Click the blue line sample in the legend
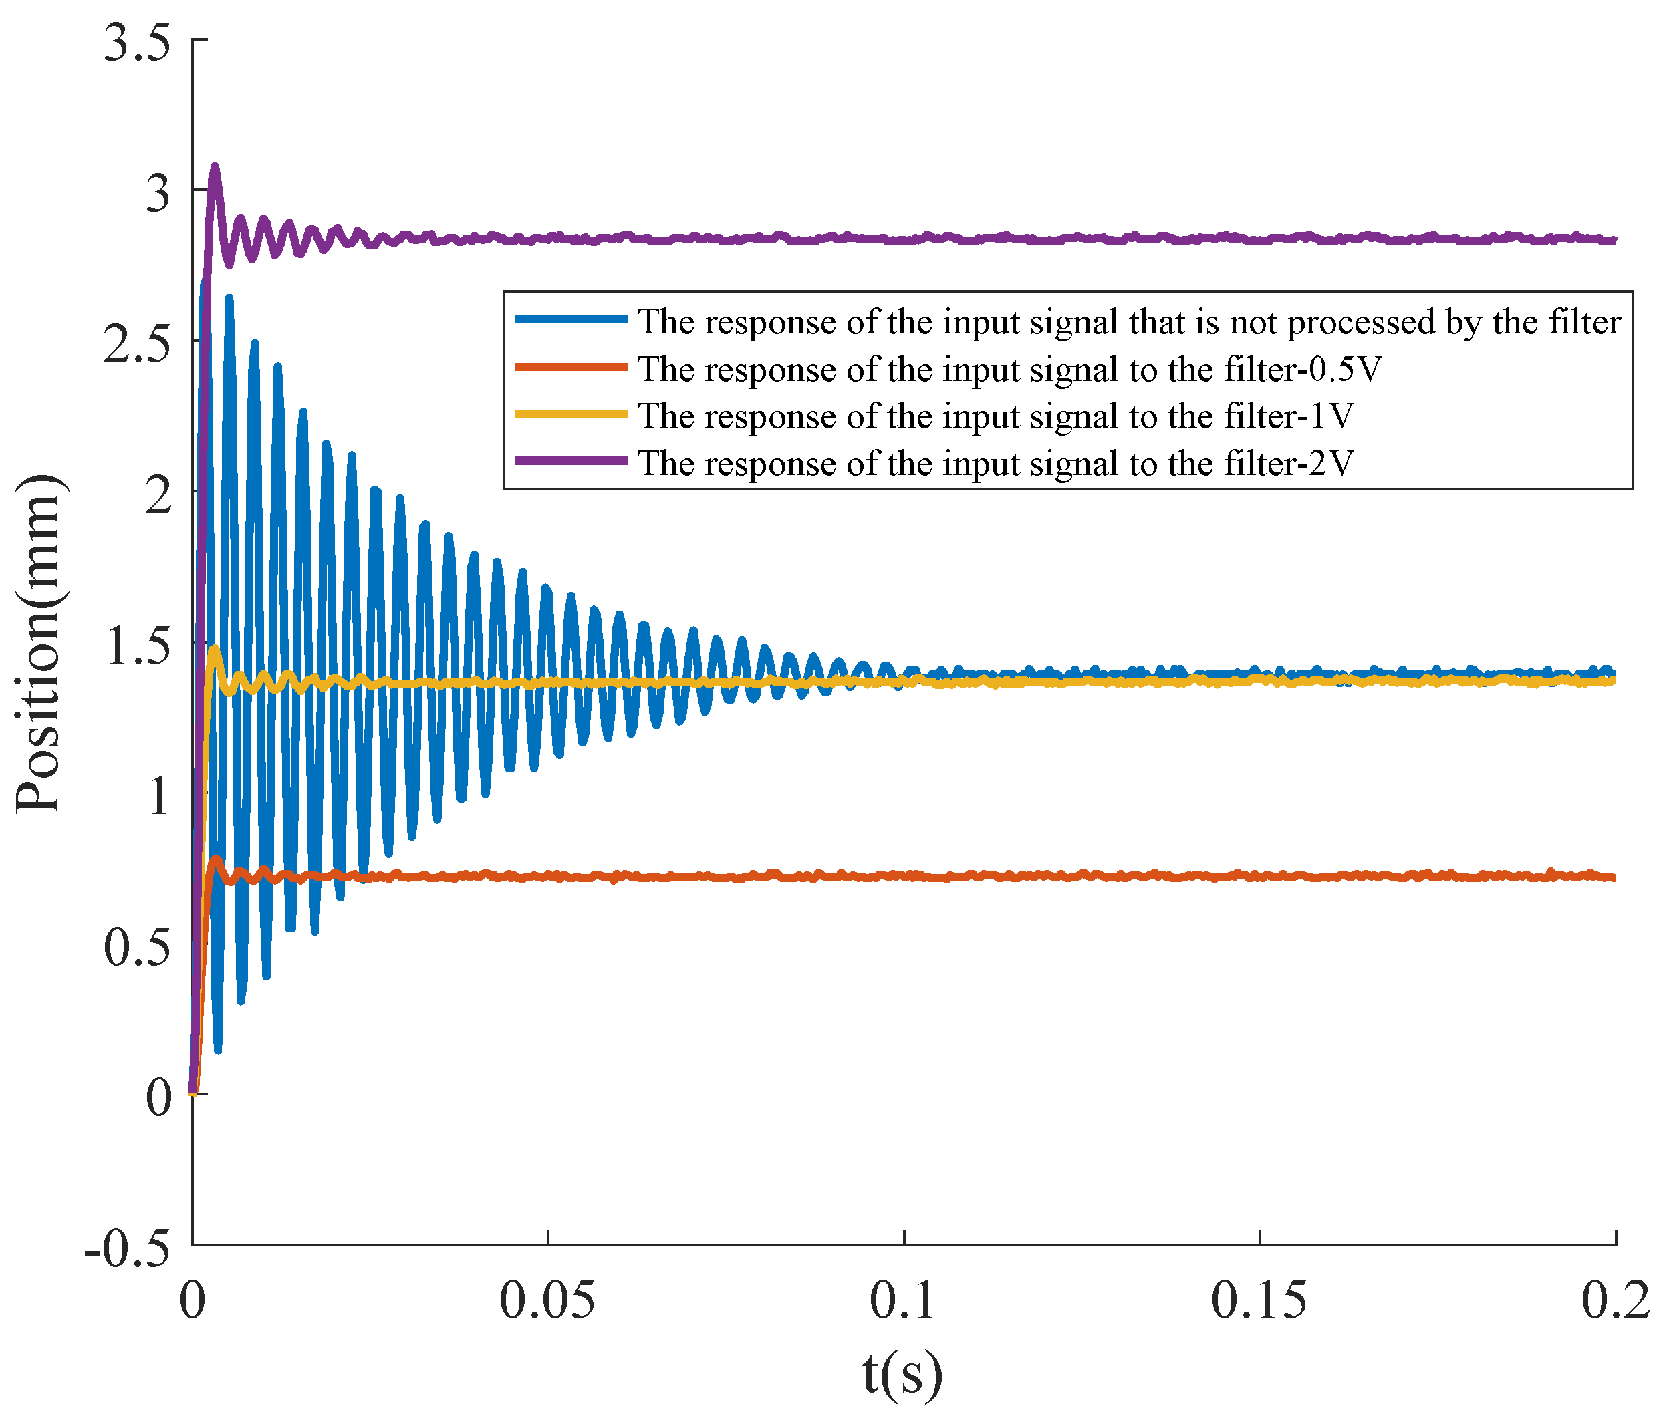(571, 319)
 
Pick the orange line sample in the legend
(571, 367)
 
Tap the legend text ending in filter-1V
(995, 416)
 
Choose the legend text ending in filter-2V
(995, 463)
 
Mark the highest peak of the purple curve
(215, 167)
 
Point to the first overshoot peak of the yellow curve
(215, 648)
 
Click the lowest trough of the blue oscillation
(217, 1050)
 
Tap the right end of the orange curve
(1614, 877)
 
